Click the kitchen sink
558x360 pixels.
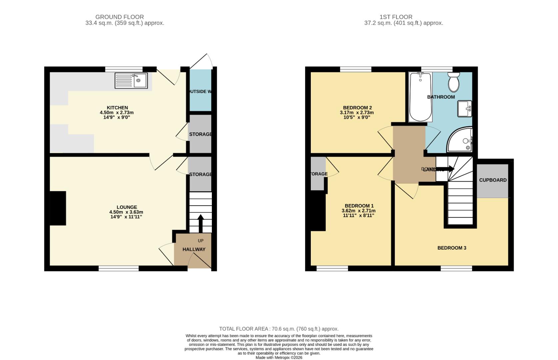[131, 81]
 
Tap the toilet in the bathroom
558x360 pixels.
[453, 82]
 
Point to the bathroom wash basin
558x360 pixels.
[464, 109]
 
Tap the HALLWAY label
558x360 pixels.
[194, 249]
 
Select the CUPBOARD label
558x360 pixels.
[493, 180]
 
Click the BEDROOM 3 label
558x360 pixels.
[451, 248]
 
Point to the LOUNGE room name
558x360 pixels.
[127, 207]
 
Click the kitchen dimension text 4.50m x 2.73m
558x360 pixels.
[117, 113]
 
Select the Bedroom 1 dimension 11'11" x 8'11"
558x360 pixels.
[358, 215]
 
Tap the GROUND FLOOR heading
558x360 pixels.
[120, 17]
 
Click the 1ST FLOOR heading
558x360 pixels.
[396, 17]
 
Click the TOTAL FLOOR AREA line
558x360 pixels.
[279, 329]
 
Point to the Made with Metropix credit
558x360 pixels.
[279, 357]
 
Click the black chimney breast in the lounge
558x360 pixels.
[58, 208]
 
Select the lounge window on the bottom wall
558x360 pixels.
[119, 268]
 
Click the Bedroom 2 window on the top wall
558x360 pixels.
[355, 69]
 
